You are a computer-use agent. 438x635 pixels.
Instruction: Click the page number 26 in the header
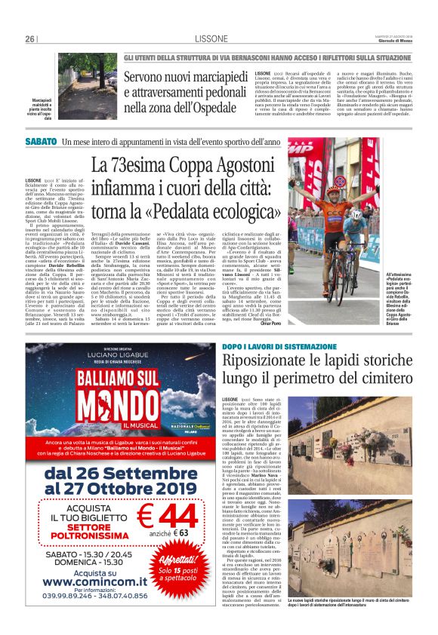point(30,39)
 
